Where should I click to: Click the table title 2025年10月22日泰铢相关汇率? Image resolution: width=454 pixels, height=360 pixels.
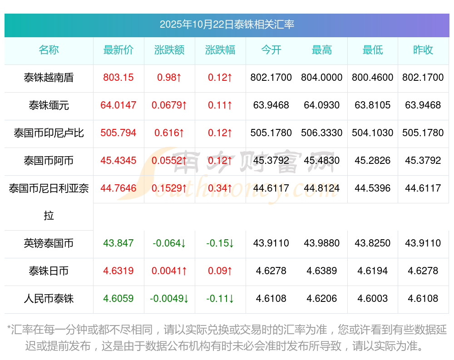(x=227, y=24)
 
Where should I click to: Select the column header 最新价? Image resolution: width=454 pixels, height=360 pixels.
(x=118, y=50)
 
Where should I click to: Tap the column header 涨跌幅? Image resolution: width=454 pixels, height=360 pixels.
(x=220, y=50)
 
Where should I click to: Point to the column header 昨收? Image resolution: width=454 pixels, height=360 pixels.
(x=423, y=50)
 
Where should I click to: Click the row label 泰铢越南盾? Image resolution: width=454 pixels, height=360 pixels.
(x=49, y=78)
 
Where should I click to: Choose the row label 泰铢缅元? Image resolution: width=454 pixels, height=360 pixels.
(x=49, y=105)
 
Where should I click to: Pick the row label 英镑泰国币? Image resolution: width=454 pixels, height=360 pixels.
(x=49, y=243)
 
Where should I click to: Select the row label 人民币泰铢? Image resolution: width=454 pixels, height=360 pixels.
(x=49, y=299)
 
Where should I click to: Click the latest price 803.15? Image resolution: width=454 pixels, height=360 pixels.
(x=118, y=78)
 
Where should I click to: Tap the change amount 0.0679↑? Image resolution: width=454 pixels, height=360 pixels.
(x=169, y=105)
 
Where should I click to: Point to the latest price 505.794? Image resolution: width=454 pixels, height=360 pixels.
(x=118, y=133)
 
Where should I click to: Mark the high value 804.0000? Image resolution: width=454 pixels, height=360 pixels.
(x=322, y=78)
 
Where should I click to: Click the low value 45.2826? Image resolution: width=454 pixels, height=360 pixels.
(x=373, y=161)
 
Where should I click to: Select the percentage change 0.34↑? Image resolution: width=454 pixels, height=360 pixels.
(x=220, y=188)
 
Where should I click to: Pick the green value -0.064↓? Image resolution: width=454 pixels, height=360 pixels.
(x=169, y=243)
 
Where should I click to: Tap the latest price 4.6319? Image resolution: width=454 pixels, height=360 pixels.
(x=118, y=271)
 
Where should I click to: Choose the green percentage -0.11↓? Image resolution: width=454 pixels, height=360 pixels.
(x=220, y=299)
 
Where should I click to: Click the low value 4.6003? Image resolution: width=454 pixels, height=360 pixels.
(x=373, y=299)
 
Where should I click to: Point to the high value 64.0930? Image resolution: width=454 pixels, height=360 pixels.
(x=322, y=105)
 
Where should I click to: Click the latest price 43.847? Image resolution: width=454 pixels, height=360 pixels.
(x=118, y=243)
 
